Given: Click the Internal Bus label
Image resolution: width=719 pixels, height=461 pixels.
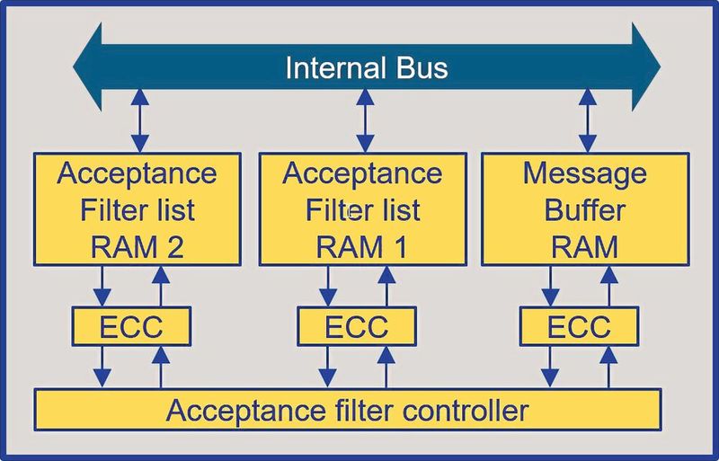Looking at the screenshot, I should point(366,67).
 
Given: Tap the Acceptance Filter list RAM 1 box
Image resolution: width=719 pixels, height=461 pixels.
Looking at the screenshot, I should point(362,209).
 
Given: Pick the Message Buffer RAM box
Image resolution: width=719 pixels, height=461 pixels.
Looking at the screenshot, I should point(586,209).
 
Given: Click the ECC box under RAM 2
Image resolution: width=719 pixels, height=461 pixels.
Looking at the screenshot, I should point(131,325).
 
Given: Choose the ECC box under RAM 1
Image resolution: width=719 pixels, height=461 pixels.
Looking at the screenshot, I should point(357,325).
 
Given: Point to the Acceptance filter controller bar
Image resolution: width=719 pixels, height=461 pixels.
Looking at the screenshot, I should point(348,410).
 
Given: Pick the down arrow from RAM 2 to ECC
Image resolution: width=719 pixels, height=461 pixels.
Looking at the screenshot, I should point(103,285).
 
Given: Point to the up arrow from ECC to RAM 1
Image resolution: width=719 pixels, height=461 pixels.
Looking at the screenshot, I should point(387,285).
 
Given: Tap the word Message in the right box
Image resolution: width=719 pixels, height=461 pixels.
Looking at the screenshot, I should point(585,173).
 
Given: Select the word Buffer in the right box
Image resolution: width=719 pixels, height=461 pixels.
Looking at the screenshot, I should point(585,210).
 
